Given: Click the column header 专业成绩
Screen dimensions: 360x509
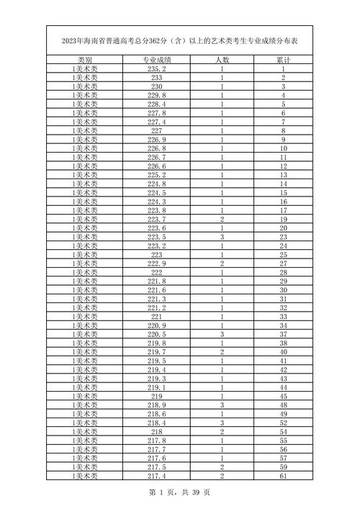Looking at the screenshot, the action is click(156, 60).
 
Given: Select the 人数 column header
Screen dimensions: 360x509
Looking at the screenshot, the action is click(222, 60).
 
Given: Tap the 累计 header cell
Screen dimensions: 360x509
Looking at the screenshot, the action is click(284, 60).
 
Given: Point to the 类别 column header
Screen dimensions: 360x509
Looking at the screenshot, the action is click(84, 60).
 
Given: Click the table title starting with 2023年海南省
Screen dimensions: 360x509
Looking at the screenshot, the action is click(179, 40).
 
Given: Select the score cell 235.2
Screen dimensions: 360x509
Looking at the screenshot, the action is click(156, 68).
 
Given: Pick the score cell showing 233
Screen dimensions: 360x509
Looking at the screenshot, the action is click(156, 78).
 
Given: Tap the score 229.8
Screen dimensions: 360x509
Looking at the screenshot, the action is click(156, 95).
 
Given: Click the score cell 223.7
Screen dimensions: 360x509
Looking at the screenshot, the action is click(156, 219).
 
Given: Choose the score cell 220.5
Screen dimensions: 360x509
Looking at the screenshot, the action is click(156, 334).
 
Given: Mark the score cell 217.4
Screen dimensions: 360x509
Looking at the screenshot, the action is click(156, 476).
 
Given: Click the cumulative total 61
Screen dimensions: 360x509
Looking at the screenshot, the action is click(284, 476).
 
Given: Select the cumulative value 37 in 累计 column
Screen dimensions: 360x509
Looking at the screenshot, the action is click(284, 334).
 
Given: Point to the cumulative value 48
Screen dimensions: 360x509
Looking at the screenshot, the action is click(284, 405).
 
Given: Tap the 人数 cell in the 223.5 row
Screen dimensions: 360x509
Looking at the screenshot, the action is click(222, 237).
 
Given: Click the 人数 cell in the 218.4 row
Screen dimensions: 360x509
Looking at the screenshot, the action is click(222, 423).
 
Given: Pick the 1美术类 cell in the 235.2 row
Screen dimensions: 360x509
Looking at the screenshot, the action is click(84, 68).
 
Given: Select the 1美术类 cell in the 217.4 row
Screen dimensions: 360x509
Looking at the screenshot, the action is click(84, 476).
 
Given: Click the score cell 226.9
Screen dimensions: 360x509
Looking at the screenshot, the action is click(156, 140).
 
